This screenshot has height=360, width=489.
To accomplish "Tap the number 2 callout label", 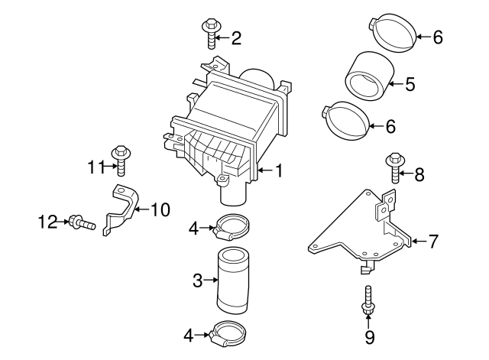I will [x=236, y=37].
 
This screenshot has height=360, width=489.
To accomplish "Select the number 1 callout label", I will [x=278, y=171].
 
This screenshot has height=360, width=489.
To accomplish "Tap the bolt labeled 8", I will [x=395, y=168].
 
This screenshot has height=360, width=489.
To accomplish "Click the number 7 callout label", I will [x=433, y=242].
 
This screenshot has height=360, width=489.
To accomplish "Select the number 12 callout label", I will [x=48, y=223].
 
